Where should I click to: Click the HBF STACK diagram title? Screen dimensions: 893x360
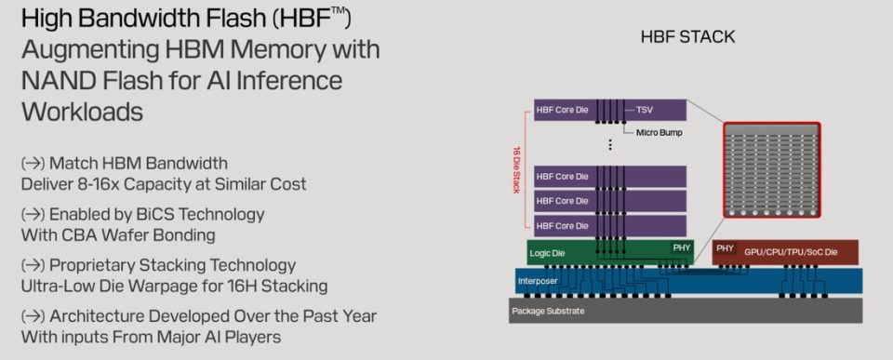click(687, 37)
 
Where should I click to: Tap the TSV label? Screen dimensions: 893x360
click(645, 110)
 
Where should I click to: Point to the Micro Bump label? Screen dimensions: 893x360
click(659, 133)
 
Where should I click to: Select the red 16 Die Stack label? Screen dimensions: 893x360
click(516, 169)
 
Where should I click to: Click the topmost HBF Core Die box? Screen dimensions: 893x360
click(610, 110)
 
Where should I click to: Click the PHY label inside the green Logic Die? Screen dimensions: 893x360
click(681, 247)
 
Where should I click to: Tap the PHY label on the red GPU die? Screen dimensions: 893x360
click(725, 248)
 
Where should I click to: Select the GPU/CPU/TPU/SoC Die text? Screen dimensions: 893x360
click(791, 252)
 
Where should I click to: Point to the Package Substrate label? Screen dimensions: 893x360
click(548, 311)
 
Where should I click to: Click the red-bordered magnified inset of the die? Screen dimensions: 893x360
click(772, 169)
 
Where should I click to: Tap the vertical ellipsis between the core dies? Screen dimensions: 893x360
click(610, 144)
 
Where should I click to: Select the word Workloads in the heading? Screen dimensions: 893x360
click(82, 112)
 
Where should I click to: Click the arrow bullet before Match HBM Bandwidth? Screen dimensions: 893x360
click(33, 164)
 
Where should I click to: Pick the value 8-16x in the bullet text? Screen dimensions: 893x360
click(93, 184)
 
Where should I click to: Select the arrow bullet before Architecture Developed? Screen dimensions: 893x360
click(33, 316)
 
